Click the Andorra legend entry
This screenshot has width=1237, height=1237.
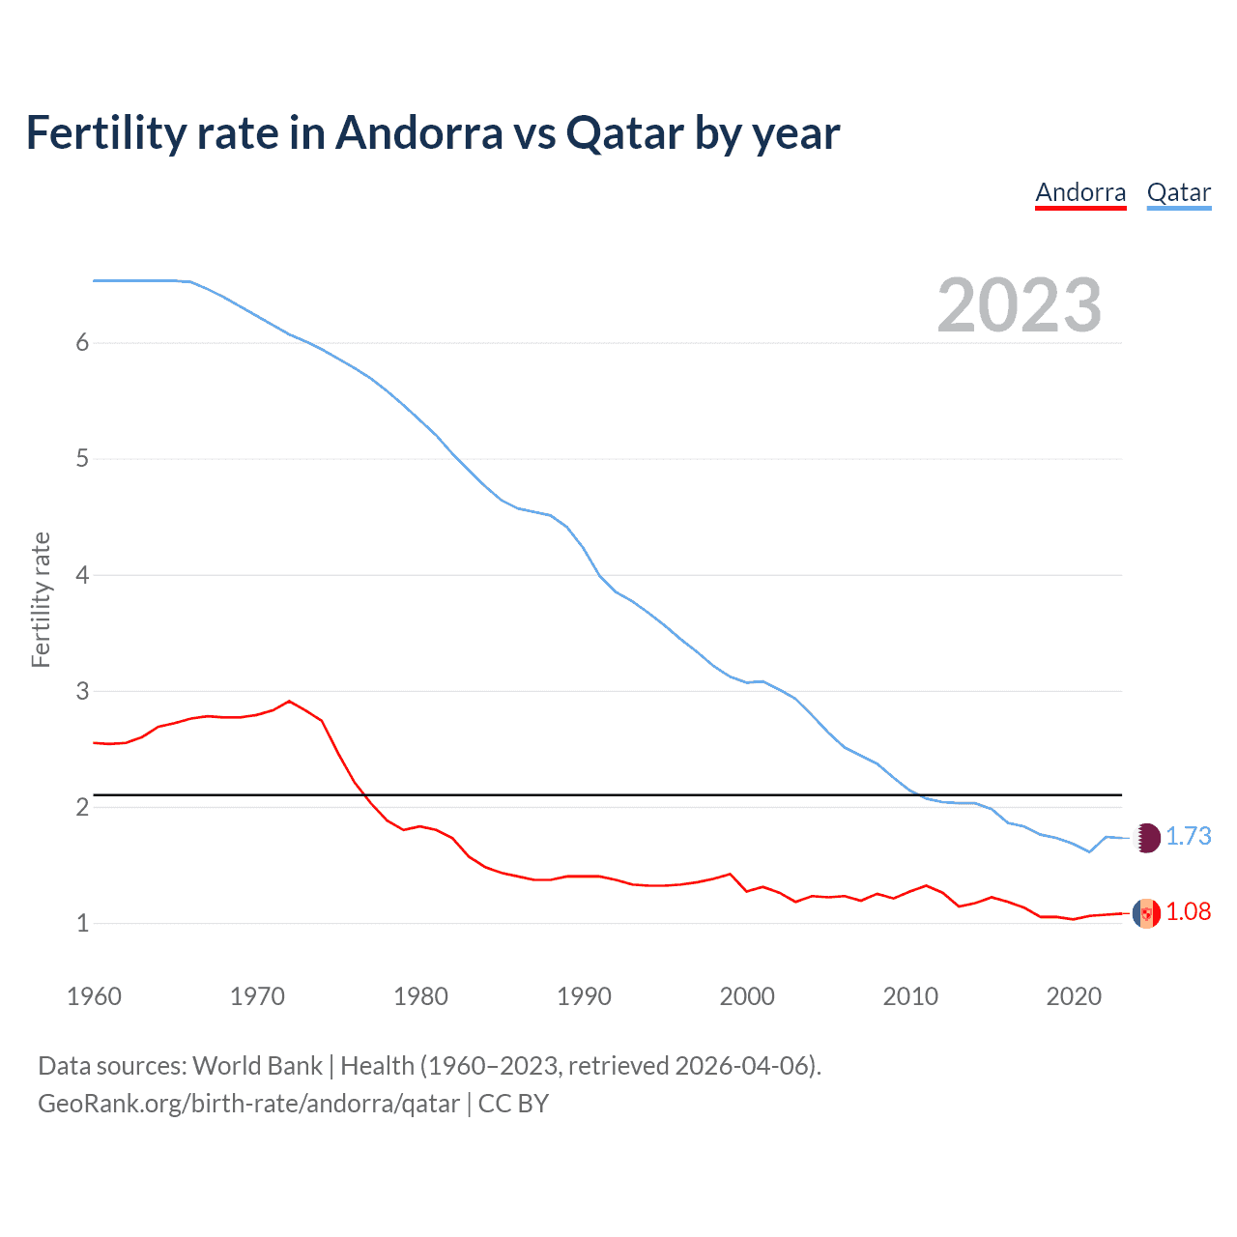[1080, 192]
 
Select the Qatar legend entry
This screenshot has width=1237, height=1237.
[1178, 192]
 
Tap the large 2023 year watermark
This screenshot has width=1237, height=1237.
[1019, 305]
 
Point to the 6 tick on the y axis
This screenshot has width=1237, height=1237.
[82, 342]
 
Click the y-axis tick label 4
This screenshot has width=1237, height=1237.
[82, 575]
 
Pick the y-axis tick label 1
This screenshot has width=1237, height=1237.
[82, 923]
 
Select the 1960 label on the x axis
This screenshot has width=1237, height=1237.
[94, 996]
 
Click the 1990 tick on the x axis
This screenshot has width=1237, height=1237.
[584, 996]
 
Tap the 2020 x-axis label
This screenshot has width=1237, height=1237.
[1074, 996]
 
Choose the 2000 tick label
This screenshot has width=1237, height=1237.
[747, 996]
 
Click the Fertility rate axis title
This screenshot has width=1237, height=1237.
[41, 599]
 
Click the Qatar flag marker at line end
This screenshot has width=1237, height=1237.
[1146, 837]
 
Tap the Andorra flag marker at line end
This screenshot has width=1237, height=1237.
[1146, 912]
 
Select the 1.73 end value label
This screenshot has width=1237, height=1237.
[1189, 836]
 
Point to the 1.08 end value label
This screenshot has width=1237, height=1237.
[1189, 911]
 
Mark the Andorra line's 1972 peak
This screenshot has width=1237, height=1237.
[289, 701]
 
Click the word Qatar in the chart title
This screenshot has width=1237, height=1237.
[624, 132]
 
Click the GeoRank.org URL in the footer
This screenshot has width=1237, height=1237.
[248, 1104]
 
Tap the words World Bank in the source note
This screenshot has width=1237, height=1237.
[257, 1066]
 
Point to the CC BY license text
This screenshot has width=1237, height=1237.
[513, 1104]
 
